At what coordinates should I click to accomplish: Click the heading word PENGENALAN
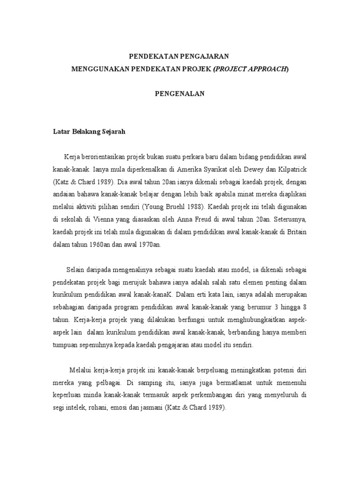tap(180, 93)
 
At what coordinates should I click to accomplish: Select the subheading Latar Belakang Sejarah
tap(89, 132)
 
